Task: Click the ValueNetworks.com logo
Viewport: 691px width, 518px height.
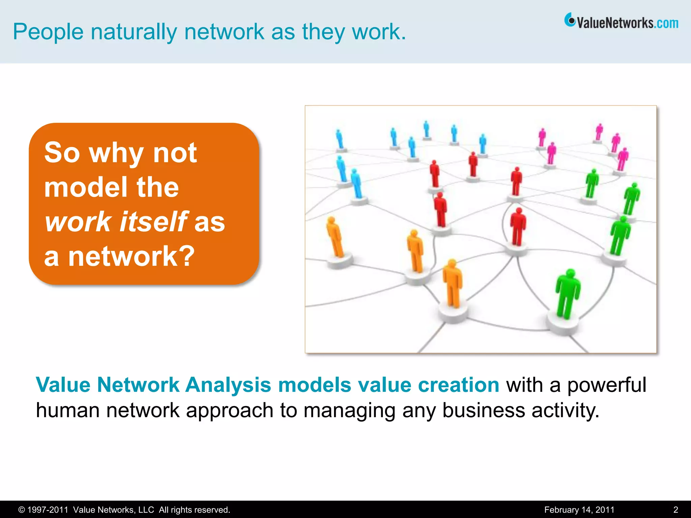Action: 621,22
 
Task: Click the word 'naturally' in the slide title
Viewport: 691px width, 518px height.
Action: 134,32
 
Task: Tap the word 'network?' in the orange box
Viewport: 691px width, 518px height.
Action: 132,256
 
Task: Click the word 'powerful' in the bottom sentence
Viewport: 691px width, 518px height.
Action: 607,385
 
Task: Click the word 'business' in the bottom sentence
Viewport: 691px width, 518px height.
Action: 483,410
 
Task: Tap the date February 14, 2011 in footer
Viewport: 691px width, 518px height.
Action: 579,510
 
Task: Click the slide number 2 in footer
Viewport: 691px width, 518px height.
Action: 675,510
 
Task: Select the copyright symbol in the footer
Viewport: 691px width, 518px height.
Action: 22,510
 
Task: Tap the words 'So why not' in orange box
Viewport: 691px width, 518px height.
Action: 120,153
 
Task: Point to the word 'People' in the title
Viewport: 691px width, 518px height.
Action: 48,32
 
